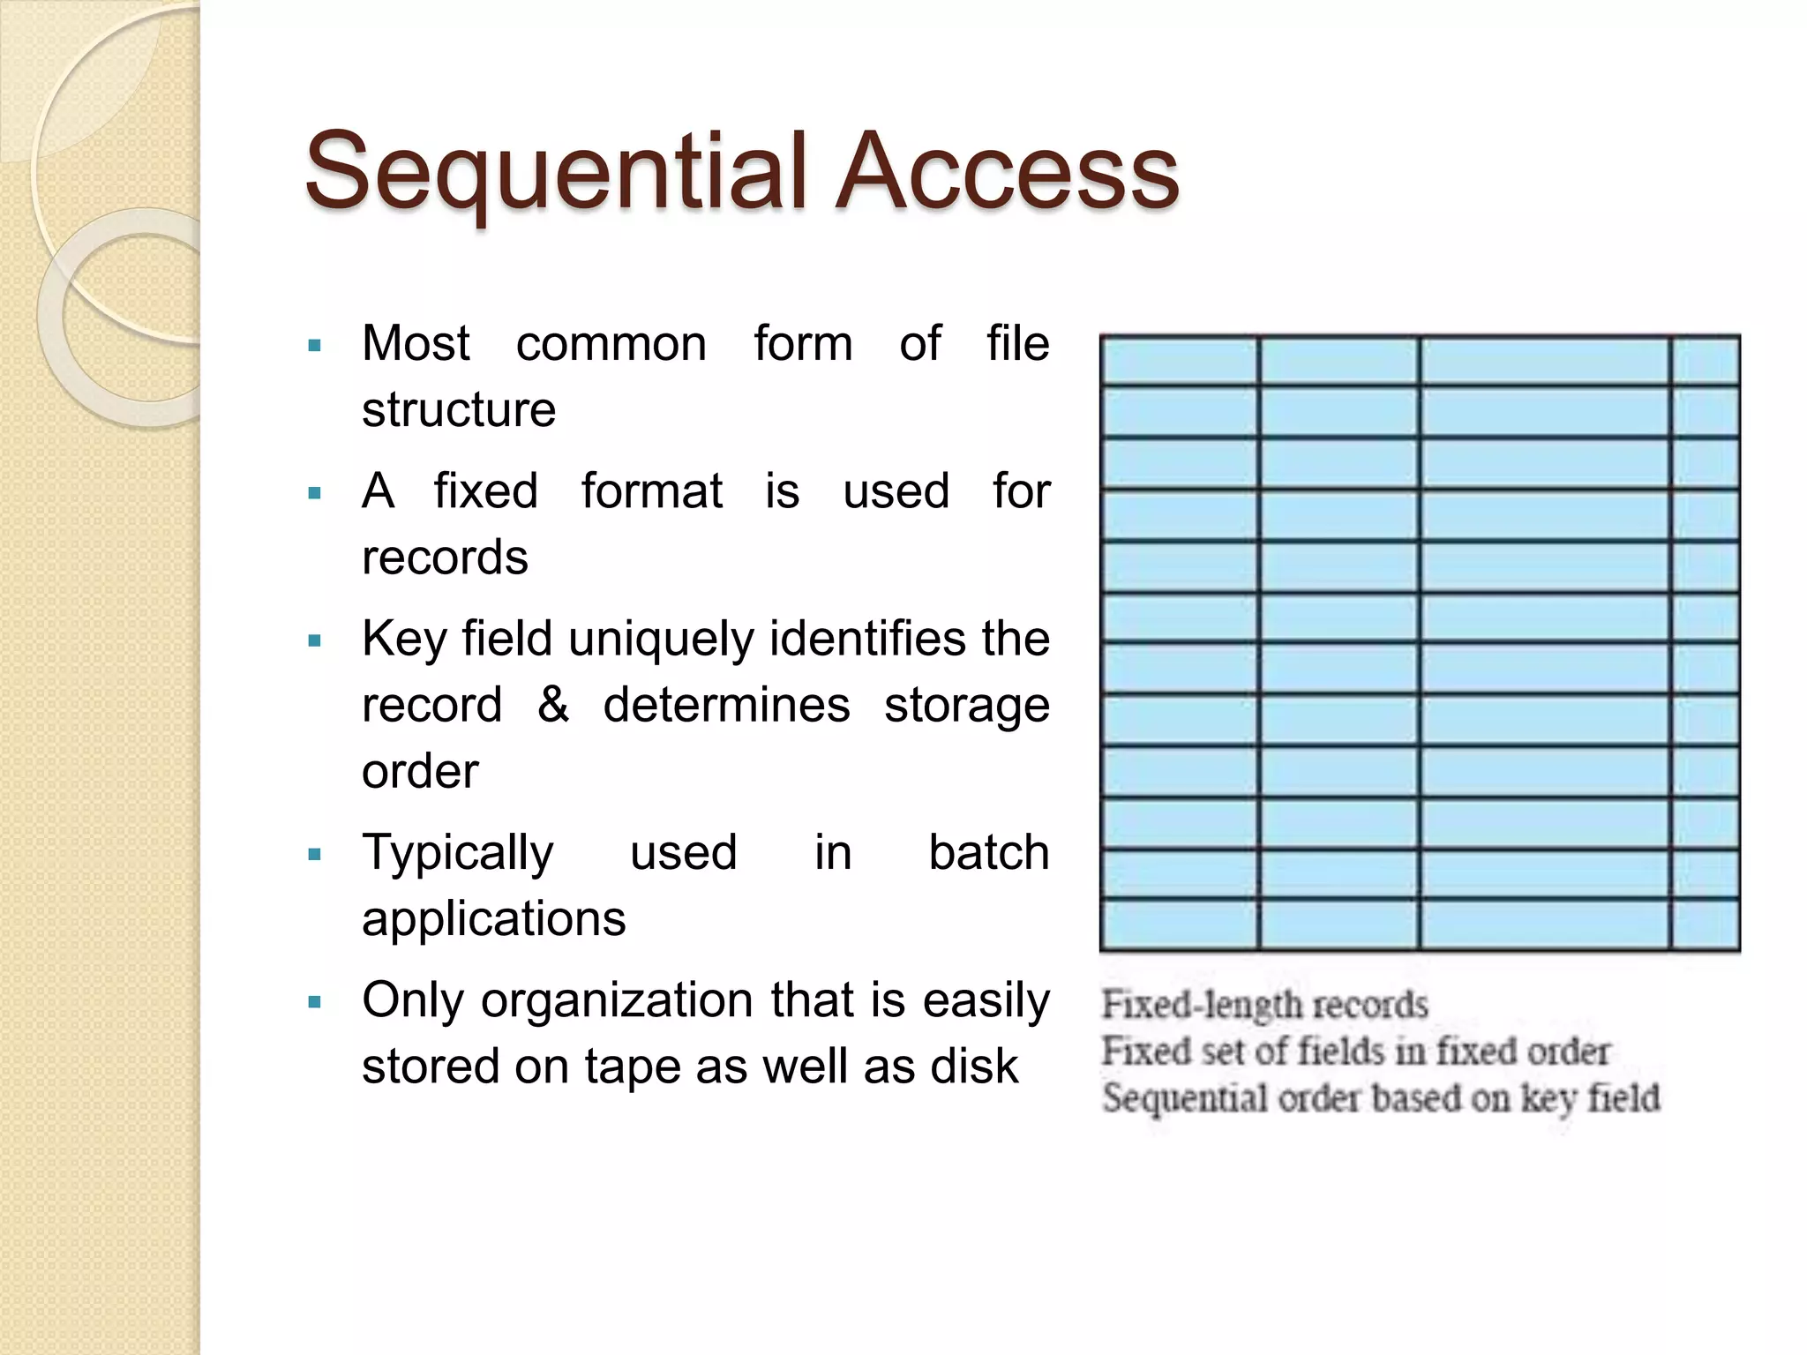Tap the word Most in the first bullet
click(416, 343)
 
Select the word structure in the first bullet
click(459, 409)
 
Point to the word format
click(652, 491)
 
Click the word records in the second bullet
click(445, 558)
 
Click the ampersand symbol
click(553, 704)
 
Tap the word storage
click(967, 706)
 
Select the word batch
click(988, 853)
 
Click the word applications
click(494, 919)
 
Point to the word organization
click(619, 1001)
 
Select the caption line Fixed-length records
click(1264, 1005)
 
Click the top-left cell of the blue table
click(1180, 361)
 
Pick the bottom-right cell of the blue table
click(1705, 924)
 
